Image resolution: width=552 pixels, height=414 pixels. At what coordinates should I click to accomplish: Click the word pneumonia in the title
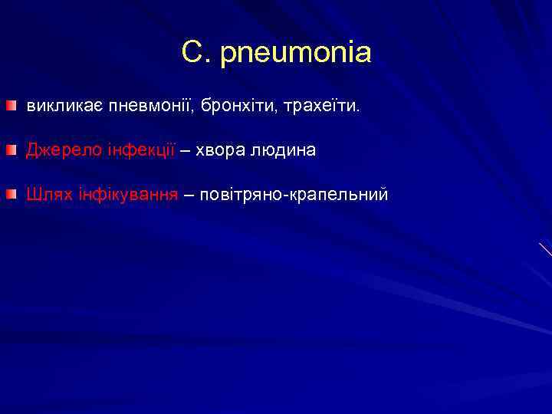295,54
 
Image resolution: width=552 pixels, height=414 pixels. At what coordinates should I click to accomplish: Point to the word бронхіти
240,105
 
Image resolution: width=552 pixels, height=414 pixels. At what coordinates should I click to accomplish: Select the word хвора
220,150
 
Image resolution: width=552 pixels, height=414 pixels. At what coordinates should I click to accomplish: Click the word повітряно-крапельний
294,195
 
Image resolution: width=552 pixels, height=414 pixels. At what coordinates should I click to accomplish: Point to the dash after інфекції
185,150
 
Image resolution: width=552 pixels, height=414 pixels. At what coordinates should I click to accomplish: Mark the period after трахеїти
356,110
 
